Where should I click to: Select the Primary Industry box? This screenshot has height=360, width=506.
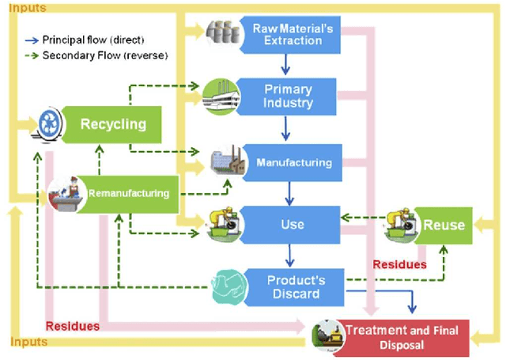[x=288, y=97]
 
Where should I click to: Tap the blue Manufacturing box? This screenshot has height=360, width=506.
[x=293, y=163]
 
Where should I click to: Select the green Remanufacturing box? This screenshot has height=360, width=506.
[x=128, y=193]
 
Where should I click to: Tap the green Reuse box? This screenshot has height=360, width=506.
[x=443, y=225]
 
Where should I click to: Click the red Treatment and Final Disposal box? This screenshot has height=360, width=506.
[x=402, y=338]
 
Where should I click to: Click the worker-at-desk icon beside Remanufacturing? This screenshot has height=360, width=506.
[x=66, y=195]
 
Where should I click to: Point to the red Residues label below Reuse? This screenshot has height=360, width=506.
[x=399, y=264]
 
